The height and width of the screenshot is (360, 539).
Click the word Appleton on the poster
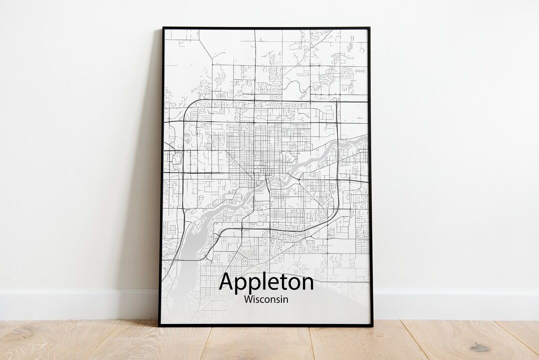click(x=267, y=283)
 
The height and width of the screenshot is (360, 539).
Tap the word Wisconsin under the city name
click(x=267, y=300)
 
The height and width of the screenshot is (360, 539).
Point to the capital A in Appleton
click(x=227, y=282)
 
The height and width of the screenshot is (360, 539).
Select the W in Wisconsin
click(x=249, y=300)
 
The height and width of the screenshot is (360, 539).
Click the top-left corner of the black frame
click(x=163, y=28)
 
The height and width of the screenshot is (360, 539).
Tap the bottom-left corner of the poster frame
click(x=160, y=326)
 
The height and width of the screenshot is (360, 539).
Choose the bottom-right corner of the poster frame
click(x=372, y=326)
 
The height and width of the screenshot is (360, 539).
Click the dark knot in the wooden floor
click(x=481, y=348)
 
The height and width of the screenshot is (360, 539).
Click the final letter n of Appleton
click(x=307, y=283)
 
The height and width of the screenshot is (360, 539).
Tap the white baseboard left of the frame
click(x=75, y=304)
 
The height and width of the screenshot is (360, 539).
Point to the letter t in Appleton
click(x=285, y=282)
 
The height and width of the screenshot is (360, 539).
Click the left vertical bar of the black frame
click(x=162, y=175)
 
